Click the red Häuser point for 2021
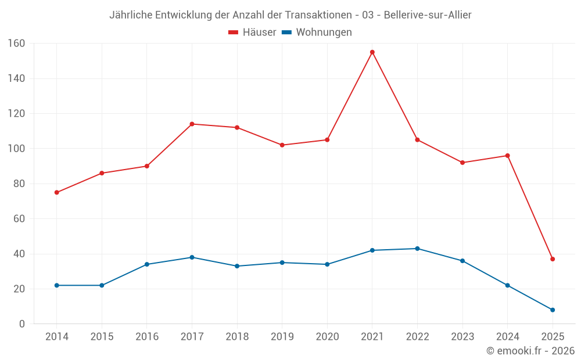[x=372, y=52]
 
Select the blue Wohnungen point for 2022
[x=417, y=249]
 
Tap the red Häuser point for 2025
[x=553, y=259]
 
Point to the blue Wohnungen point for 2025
[x=553, y=310]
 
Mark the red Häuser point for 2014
[x=56, y=192]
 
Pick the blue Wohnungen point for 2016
[x=147, y=264]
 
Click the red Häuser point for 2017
[x=192, y=124]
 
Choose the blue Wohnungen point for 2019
[x=282, y=263]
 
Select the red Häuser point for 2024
[x=507, y=156]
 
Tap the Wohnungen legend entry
[x=317, y=33]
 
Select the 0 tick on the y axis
[x=22, y=324]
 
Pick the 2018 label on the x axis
[x=237, y=337]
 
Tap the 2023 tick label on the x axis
[x=462, y=337]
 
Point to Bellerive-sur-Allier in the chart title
[x=428, y=15]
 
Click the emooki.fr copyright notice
[x=530, y=351]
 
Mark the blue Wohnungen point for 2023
[x=462, y=261]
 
